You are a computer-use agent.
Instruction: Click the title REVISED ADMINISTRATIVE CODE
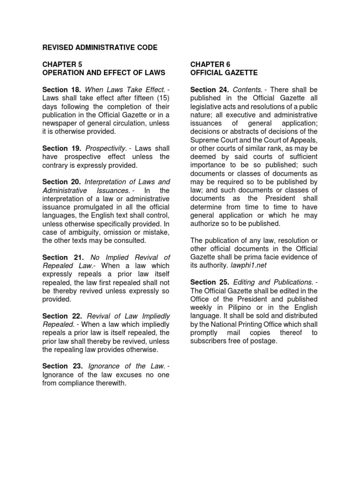click(x=100, y=48)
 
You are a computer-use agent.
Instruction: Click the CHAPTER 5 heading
click(x=62, y=64)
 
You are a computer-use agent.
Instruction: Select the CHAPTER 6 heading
click(x=210, y=64)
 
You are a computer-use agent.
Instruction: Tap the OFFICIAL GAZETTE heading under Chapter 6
click(x=224, y=73)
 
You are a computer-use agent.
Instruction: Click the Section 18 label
click(x=62, y=90)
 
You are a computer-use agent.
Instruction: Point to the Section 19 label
click(x=62, y=149)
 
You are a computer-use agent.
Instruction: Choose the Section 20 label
click(x=62, y=182)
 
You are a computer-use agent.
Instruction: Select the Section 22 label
click(x=62, y=316)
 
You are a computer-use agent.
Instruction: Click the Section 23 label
click(x=62, y=366)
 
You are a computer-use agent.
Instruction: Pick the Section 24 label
click(x=210, y=90)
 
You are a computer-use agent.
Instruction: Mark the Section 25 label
click(x=210, y=282)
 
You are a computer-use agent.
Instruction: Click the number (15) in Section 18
click(x=160, y=98)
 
